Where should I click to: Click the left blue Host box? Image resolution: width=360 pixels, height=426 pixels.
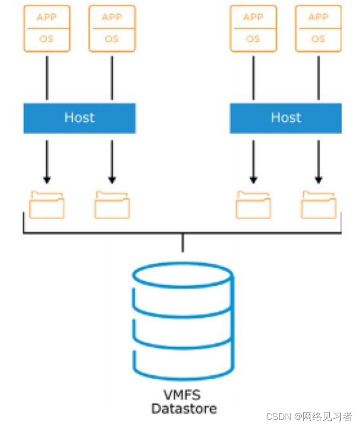coord(79,118)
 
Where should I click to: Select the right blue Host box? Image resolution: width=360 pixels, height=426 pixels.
coord(286,118)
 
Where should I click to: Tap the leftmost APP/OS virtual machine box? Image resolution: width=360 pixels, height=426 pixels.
coord(47,29)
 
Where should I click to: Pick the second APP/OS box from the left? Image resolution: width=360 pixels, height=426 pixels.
coord(112,29)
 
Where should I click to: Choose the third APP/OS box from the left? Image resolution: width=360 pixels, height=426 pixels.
coord(253,29)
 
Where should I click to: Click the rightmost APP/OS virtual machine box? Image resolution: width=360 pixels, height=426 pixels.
coord(318,29)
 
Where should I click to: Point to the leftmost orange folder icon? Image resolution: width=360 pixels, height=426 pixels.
coord(47,205)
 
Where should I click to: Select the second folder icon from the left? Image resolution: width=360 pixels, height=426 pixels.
coord(112,205)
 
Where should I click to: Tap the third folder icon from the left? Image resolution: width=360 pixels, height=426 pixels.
coord(253,205)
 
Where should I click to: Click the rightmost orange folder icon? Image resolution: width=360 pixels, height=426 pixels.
coord(319,205)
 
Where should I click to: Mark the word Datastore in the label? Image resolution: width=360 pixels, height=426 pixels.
coord(184,408)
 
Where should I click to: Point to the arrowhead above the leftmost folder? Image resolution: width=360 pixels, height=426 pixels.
coord(47,179)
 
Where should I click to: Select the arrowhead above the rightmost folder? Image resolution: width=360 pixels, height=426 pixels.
coord(318,179)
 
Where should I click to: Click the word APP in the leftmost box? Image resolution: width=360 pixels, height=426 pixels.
coord(47,18)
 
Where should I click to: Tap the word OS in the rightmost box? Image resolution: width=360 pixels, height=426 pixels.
coord(318,39)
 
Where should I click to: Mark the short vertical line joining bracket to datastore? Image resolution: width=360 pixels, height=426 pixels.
coord(183,243)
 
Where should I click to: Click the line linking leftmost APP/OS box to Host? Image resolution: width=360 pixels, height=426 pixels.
coord(47,77)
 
